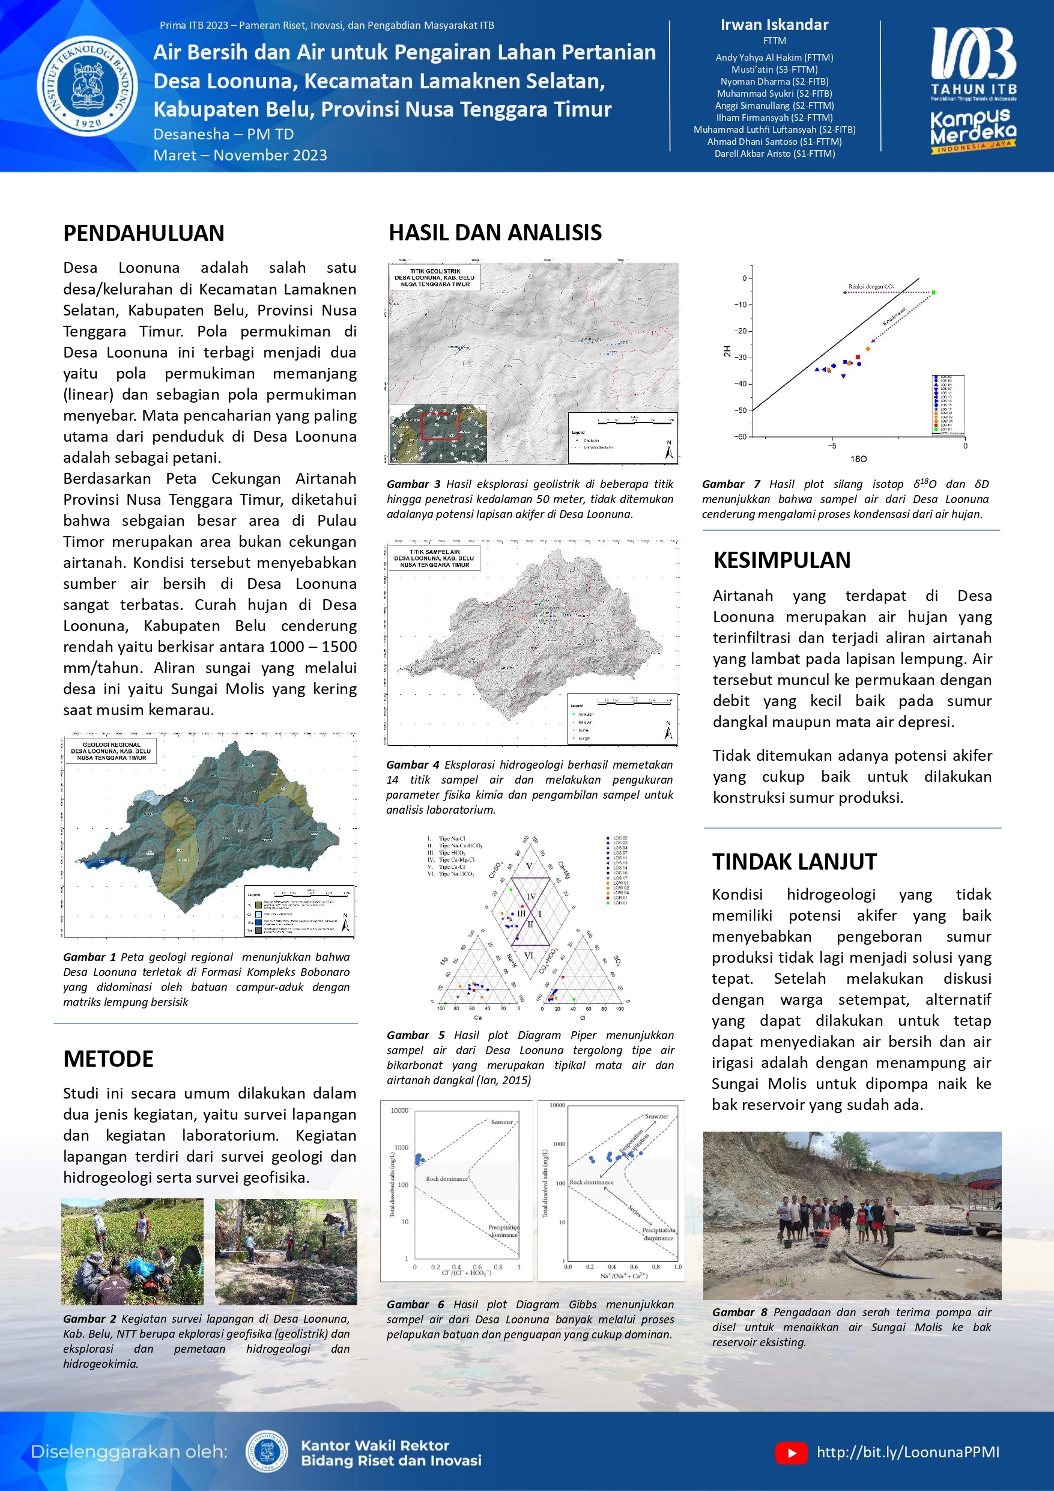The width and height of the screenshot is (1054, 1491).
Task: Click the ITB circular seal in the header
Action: coord(87,86)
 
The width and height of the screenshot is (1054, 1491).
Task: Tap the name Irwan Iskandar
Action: coord(774,25)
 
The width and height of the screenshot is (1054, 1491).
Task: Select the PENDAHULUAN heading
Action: coord(144,233)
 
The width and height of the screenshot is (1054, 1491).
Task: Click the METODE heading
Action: coord(108,1058)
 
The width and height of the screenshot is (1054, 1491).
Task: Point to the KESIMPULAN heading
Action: coord(781,560)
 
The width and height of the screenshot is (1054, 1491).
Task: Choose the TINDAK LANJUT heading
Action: coord(795,862)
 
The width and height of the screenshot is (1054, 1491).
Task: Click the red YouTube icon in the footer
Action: coord(791,1453)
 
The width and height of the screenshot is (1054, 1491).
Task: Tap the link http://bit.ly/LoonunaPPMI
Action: coord(908,1453)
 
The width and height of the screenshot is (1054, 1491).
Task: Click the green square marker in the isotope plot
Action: coord(933,293)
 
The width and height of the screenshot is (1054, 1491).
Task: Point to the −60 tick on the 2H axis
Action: coord(740,436)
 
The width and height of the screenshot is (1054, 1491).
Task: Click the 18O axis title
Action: coord(858,459)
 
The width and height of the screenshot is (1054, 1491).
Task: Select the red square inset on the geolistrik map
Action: coord(440,425)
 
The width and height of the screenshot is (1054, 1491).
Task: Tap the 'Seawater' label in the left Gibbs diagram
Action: coord(501,1121)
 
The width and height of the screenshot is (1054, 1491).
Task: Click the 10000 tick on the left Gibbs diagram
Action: coord(399,1111)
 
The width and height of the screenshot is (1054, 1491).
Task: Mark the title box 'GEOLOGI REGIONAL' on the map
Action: coord(112,751)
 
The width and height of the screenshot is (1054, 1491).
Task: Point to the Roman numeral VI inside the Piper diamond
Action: coord(529,956)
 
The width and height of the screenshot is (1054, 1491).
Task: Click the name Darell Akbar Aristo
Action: coord(774,154)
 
